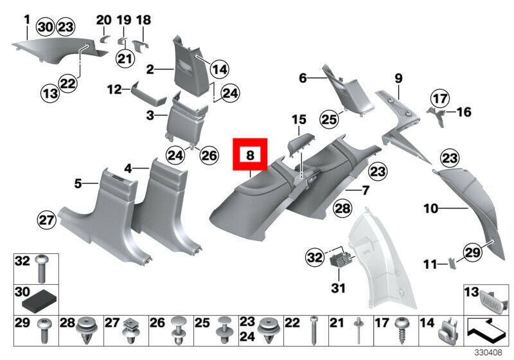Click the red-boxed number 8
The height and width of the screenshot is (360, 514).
click(251, 155)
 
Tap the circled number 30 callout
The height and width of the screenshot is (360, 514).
click(46, 27)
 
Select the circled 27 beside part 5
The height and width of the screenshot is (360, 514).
click(46, 221)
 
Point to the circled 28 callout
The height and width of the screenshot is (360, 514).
click(343, 208)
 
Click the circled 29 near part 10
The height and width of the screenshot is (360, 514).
click(472, 253)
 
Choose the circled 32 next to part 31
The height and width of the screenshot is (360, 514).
click(314, 257)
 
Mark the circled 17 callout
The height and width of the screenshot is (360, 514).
click(439, 99)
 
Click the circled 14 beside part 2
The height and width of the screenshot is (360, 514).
click(219, 69)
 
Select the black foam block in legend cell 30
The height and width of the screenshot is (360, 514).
click(40, 298)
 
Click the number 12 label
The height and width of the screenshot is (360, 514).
click(114, 90)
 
